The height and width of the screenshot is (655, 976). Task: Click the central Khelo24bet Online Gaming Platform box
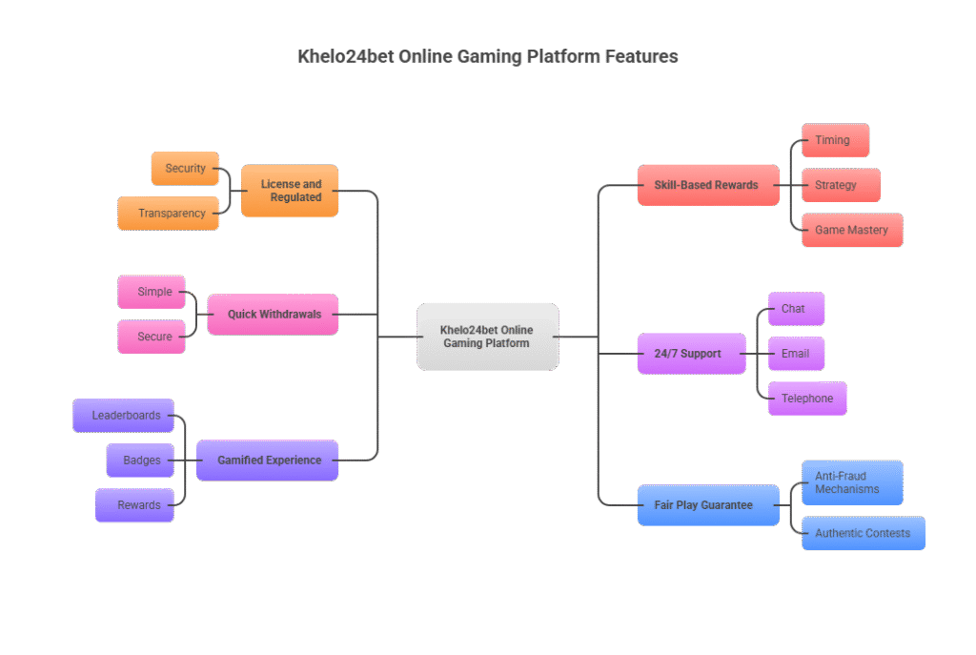(x=487, y=337)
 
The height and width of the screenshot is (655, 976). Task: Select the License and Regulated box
(x=290, y=191)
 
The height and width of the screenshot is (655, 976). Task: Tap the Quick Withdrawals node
(x=273, y=315)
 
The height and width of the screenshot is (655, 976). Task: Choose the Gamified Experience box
(x=267, y=461)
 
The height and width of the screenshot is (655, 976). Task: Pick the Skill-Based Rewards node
(x=707, y=185)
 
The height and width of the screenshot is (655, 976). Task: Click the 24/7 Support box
(x=692, y=354)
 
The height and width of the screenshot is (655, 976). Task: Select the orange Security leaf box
(x=185, y=169)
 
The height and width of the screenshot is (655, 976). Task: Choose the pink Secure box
(x=152, y=337)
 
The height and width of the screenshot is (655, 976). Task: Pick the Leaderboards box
(x=124, y=416)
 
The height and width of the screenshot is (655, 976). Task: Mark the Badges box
(x=141, y=461)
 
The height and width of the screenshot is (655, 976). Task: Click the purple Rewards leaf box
(x=134, y=505)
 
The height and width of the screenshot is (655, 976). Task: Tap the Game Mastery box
(x=852, y=230)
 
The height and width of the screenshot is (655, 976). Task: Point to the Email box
(x=796, y=354)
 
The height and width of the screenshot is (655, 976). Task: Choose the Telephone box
(x=807, y=399)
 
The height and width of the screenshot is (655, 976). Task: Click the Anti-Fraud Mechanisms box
(x=849, y=482)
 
